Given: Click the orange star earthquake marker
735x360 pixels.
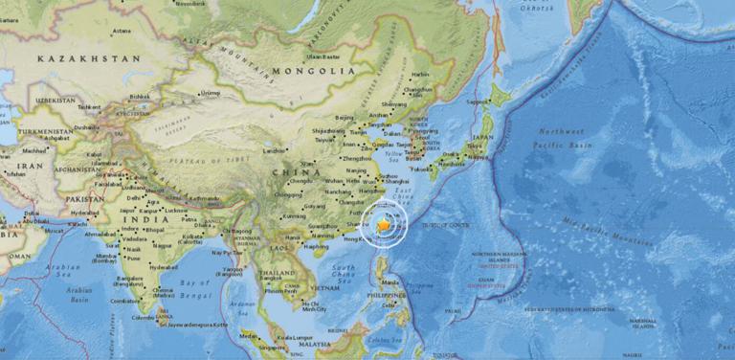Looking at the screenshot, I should tap(384, 224).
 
